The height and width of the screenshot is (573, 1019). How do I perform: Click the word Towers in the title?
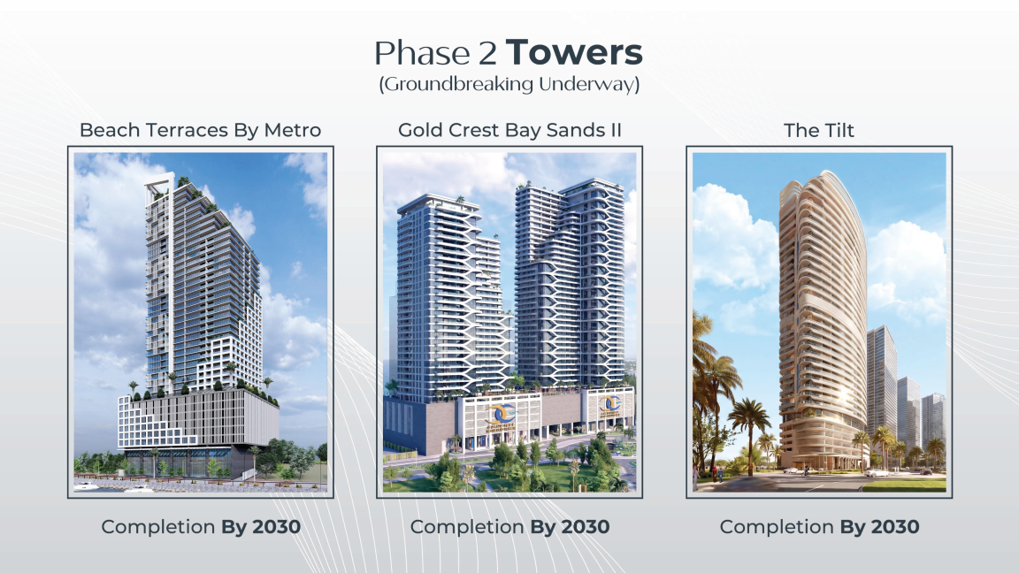[x=574, y=53]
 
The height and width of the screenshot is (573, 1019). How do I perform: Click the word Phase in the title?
[x=422, y=53]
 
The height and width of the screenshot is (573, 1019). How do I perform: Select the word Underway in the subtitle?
[x=586, y=85]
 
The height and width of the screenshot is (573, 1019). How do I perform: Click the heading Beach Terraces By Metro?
[x=200, y=131]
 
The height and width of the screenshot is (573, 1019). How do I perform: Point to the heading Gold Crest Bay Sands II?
[x=509, y=131]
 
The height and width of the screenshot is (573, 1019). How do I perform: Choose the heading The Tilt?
[x=819, y=131]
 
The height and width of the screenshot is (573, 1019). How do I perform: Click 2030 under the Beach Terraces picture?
[x=276, y=527]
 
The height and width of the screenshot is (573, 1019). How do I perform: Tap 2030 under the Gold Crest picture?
[x=586, y=527]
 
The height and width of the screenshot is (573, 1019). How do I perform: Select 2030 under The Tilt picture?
[x=895, y=527]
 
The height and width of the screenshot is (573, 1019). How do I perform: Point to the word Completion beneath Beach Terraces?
[x=158, y=527]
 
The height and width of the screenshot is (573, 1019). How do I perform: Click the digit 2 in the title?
[x=487, y=53]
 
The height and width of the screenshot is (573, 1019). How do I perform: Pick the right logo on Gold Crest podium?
[x=610, y=405]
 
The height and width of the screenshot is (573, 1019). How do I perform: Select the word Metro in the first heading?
[x=293, y=131]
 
